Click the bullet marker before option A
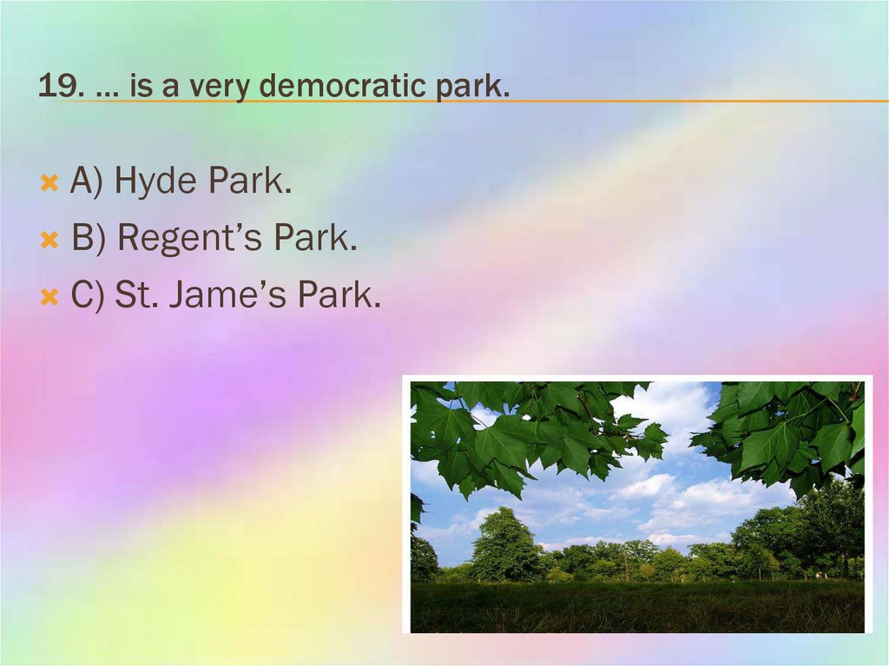pyautogui.click(x=49, y=183)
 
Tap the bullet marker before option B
pyautogui.click(x=49, y=240)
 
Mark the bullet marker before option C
pyautogui.click(x=49, y=298)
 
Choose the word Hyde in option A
pyautogui.click(x=156, y=181)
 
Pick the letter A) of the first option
pyautogui.click(x=88, y=181)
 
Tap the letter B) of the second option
pyautogui.click(x=89, y=239)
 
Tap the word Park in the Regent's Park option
pyautogui.click(x=314, y=239)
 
